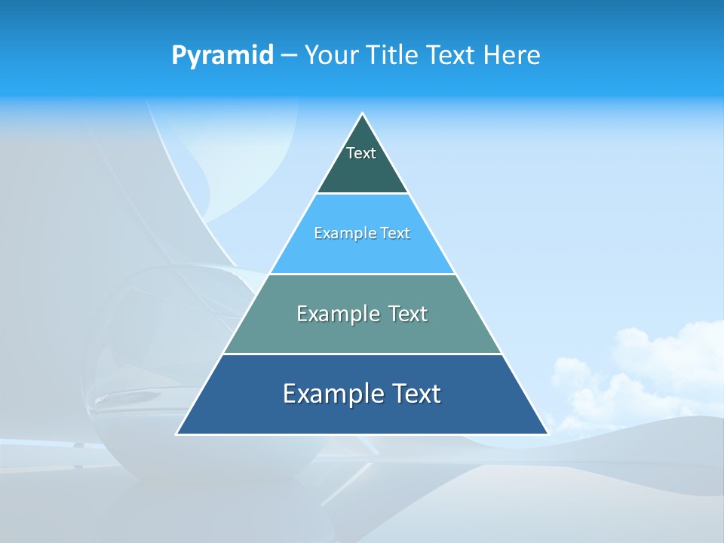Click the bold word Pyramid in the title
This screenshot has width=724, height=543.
(x=222, y=55)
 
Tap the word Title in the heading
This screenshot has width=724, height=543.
(x=392, y=55)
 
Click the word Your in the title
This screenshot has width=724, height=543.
(x=331, y=55)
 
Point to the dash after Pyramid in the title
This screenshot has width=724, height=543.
(x=288, y=56)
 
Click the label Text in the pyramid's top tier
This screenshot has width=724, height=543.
(x=361, y=153)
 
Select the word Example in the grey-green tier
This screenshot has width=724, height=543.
(x=336, y=314)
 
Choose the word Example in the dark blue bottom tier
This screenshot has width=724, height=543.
(x=332, y=394)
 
